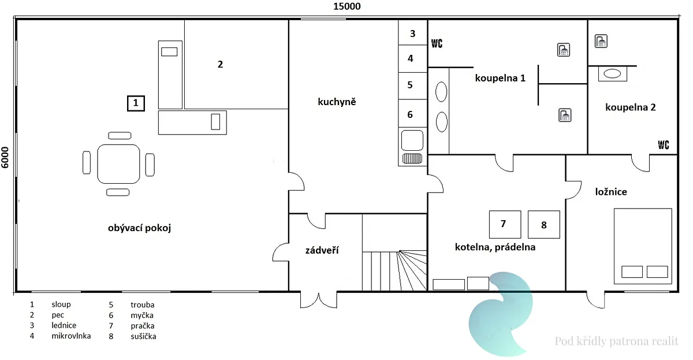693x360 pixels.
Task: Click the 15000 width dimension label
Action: coord(347,6)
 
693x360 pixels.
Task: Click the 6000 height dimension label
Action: coord(5,158)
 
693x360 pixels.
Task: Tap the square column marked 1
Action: coord(136,103)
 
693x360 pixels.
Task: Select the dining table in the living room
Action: coord(118,164)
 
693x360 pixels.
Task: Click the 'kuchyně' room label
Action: coord(337,102)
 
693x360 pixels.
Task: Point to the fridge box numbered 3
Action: coord(413,33)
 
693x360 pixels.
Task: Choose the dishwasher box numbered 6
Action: coord(413,114)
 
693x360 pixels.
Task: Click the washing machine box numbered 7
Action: coord(505,224)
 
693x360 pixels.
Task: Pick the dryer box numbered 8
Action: coord(544,224)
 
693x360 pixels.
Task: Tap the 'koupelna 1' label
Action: coord(500,78)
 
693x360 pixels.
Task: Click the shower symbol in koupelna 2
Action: coord(601,41)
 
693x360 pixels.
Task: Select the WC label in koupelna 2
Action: coord(664,144)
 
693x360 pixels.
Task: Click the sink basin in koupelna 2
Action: coord(612,73)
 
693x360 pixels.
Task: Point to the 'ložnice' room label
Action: coord(611,192)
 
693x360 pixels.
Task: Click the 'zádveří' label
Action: coord(322,250)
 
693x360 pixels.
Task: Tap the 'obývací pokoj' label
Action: coord(140,228)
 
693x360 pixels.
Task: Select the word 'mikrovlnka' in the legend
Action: coord(71,336)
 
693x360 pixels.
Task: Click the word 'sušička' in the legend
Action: coord(143,336)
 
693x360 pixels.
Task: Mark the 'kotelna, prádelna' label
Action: coord(495,247)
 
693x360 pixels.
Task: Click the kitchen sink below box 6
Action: coord(412,140)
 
